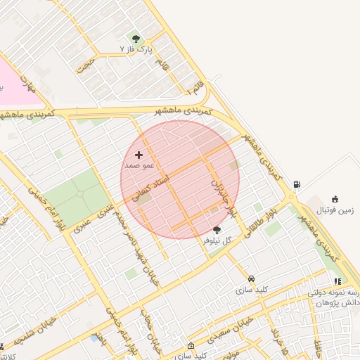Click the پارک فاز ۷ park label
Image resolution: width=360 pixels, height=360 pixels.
[136, 51]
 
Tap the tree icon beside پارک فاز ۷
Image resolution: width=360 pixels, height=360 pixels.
[136, 39]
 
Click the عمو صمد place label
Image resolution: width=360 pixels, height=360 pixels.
[139, 165]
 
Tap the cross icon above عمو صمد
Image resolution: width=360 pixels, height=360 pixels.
[139, 154]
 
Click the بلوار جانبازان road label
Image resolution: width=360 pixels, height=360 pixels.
[221, 193]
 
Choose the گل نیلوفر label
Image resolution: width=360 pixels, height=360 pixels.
[217, 240]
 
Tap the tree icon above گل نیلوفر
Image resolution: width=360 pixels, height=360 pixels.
[217, 229]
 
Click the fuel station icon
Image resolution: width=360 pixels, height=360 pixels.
[297, 185]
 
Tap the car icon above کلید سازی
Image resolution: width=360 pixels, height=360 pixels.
[252, 278]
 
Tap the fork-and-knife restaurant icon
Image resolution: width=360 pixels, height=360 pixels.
[337, 281]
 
